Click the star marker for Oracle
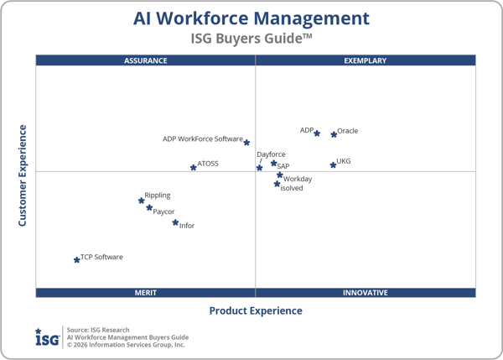tap(334, 134)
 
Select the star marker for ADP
tap(317, 133)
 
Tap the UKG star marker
tap(333, 164)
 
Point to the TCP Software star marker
tap(77, 260)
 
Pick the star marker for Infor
tap(175, 222)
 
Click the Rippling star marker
tap(142, 201)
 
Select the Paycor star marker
tap(149, 208)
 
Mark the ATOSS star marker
tap(194, 168)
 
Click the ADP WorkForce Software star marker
tap(246, 143)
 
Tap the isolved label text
tap(292, 189)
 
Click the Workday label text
tap(298, 179)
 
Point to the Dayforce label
tap(271, 154)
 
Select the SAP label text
tap(283, 166)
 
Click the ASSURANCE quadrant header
tap(146, 60)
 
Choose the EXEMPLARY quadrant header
tap(366, 60)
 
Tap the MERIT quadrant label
tap(146, 293)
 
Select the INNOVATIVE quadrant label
tap(366, 293)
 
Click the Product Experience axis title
tap(256, 310)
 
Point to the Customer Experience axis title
tap(23, 175)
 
